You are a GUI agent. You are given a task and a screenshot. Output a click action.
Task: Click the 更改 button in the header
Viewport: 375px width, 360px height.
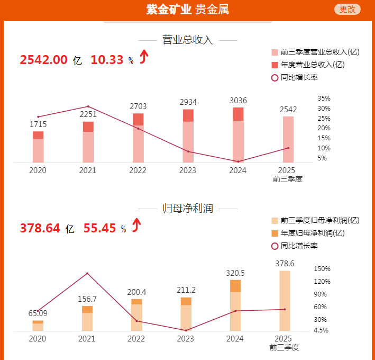[347, 9]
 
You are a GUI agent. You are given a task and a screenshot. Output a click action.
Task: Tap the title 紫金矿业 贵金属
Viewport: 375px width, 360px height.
[188, 10]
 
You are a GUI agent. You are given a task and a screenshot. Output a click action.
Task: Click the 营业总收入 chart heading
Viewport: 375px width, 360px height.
[188, 40]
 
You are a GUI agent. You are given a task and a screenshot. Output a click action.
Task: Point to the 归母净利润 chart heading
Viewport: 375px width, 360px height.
[188, 208]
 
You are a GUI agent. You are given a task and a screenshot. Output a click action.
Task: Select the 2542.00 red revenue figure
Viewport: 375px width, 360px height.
[44, 60]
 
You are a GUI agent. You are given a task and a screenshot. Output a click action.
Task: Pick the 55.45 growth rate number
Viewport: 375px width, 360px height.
[99, 228]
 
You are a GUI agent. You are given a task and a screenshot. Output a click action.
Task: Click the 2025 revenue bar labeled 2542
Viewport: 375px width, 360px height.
[288, 139]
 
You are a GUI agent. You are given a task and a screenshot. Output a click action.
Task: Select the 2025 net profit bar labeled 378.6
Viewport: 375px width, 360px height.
[285, 301]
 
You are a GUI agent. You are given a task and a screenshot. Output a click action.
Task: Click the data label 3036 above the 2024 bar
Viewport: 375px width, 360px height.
[238, 101]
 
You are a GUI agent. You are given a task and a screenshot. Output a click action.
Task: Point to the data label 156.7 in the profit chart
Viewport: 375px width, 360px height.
[87, 299]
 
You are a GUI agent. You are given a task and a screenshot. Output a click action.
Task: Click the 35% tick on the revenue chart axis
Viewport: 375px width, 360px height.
[324, 98]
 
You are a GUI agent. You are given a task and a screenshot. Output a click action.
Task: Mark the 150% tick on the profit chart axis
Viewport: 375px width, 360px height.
[322, 269]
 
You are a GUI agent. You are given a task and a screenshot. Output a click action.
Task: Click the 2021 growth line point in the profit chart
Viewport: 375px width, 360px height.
[87, 273]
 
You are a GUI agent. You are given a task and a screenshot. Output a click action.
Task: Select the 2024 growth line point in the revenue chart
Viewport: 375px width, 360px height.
[238, 161]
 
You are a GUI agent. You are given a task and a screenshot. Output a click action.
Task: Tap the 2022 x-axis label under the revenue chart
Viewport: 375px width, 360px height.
[138, 170]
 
